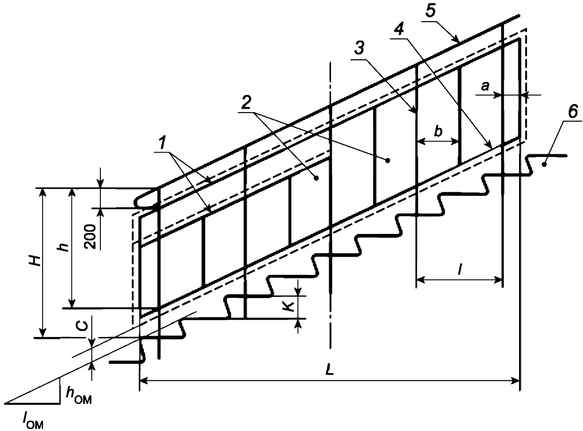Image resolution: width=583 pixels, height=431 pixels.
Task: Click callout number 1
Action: coord(163,142)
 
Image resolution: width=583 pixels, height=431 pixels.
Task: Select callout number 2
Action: coord(246,102)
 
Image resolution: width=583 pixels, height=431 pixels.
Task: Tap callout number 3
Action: coord(359,48)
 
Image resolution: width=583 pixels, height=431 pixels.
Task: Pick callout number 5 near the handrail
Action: coord(430,11)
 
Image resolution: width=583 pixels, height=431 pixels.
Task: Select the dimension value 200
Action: coord(90,236)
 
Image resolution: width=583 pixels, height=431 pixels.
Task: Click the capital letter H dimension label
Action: coord(36,261)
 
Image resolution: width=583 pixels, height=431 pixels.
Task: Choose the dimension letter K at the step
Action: coord(289,306)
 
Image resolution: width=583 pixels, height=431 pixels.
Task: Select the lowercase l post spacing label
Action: coord(460,270)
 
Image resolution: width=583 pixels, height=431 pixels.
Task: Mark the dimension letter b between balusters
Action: coord(438,131)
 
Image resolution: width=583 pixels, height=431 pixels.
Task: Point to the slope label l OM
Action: coord(33,420)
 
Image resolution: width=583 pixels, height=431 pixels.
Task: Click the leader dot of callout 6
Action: coord(544,165)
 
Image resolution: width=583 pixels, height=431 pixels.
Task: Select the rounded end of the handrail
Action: coord(139,202)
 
